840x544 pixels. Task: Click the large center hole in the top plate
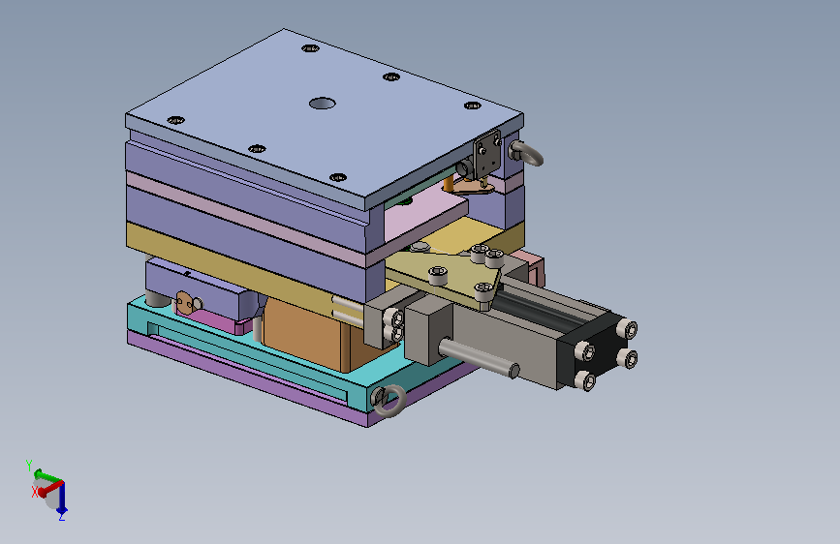(x=322, y=103)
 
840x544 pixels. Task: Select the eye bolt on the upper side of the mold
(x=526, y=153)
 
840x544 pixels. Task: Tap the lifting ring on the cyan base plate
(x=389, y=400)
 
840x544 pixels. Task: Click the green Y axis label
(x=29, y=465)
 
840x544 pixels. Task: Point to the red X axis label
(x=35, y=492)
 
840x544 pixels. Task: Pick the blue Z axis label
(x=62, y=517)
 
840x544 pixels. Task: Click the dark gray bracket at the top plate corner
(x=487, y=153)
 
